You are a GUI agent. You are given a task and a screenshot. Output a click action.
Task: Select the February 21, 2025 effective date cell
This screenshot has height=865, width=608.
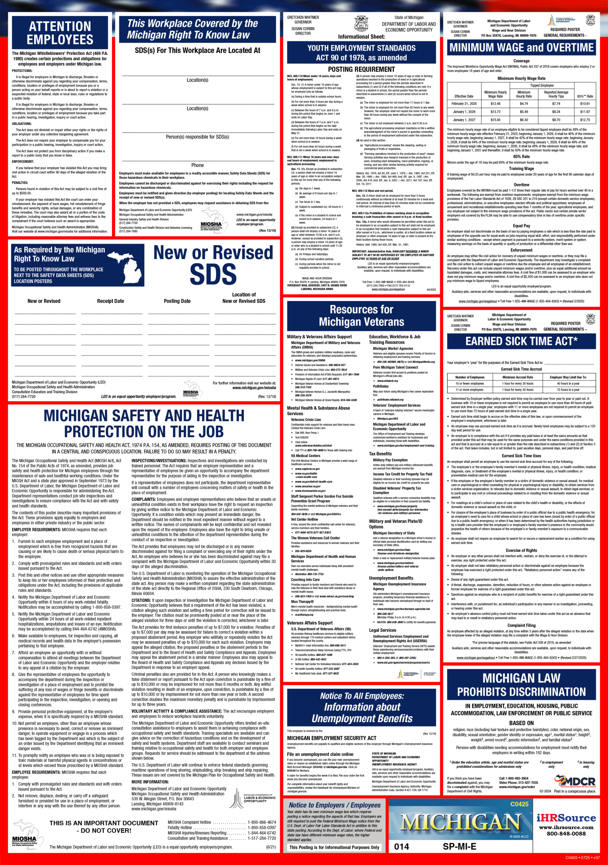pyautogui.click(x=464, y=104)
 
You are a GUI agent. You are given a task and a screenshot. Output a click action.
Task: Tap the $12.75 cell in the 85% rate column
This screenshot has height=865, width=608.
pyautogui.click(x=585, y=120)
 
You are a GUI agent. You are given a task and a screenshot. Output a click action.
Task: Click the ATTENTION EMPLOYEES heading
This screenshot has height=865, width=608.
pyautogui.click(x=60, y=33)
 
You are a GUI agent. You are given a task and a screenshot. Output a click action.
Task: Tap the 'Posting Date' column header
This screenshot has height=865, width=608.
pyautogui.click(x=177, y=301)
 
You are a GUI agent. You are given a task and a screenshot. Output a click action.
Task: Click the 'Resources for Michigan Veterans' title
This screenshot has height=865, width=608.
pyautogui.click(x=362, y=315)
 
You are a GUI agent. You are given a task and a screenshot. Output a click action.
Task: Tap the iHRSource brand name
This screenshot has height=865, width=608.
pyautogui.click(x=566, y=818)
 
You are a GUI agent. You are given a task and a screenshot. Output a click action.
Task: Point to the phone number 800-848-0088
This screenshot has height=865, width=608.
pyautogui.click(x=566, y=834)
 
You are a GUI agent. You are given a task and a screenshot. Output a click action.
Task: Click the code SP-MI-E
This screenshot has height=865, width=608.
pyautogui.click(x=459, y=846)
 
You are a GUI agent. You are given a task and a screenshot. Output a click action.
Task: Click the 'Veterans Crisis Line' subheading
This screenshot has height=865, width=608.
pyautogui.click(x=306, y=419)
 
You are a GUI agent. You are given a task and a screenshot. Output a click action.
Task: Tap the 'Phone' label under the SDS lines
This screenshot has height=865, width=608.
pyautogui.click(x=197, y=165)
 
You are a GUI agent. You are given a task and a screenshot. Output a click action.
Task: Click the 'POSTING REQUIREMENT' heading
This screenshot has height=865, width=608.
pyautogui.click(x=361, y=69)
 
